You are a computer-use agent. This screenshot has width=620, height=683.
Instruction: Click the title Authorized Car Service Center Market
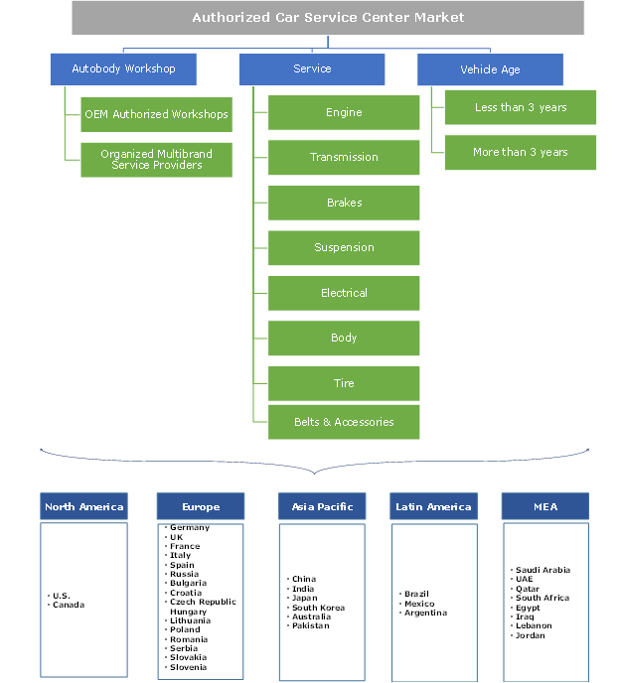[x=328, y=17]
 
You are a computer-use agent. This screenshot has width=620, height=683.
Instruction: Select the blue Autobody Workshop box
[x=123, y=69]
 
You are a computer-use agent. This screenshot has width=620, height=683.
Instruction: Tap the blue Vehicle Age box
[x=490, y=69]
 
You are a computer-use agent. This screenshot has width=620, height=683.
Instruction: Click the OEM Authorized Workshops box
[x=156, y=114]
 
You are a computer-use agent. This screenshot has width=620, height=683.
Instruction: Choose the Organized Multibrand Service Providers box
[x=156, y=159]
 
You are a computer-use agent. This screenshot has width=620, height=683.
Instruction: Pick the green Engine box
[x=344, y=113]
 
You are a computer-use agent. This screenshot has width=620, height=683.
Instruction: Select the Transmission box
[x=344, y=158]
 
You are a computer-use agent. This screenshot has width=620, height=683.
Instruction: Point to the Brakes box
[x=344, y=203]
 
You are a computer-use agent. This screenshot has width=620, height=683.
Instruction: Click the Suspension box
[x=344, y=248]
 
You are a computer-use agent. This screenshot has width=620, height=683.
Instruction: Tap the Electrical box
[x=344, y=293]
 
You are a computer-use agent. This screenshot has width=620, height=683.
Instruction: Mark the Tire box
[x=344, y=383]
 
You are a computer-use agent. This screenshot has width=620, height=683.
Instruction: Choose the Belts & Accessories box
[x=344, y=422]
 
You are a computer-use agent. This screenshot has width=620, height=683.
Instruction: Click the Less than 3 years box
[x=521, y=107]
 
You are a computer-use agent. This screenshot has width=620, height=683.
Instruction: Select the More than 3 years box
[x=521, y=152]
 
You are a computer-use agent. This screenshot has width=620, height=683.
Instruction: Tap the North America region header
[x=84, y=506]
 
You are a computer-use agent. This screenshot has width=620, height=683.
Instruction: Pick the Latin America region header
[x=434, y=506]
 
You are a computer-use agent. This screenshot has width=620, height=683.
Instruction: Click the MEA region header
[x=545, y=506]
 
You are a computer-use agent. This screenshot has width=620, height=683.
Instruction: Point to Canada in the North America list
[x=69, y=606]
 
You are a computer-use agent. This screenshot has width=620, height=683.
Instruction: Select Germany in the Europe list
[x=190, y=528]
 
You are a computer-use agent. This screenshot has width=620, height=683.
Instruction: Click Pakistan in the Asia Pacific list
[x=310, y=626]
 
